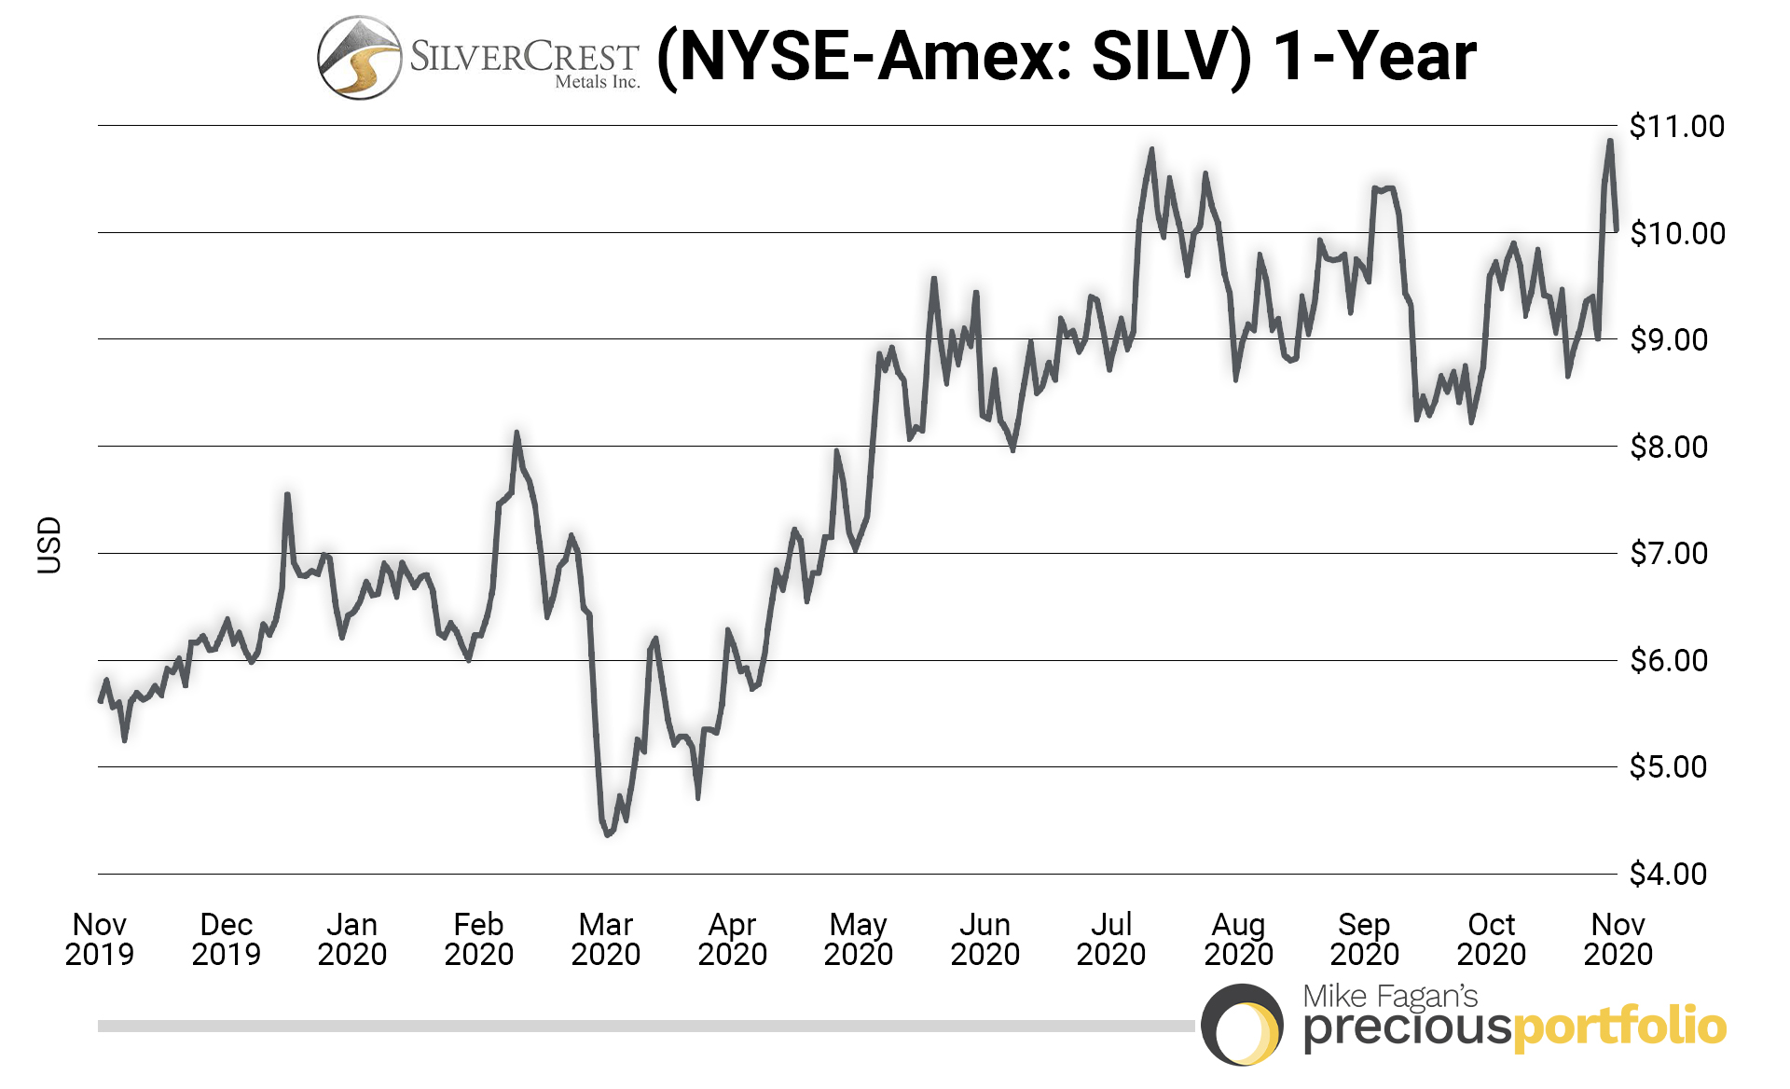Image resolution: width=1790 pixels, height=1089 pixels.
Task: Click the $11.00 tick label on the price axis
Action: pyautogui.click(x=1676, y=126)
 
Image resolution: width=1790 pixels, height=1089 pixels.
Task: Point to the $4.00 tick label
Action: pyautogui.click(x=1668, y=874)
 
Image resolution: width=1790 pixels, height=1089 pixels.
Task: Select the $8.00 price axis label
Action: pyautogui.click(x=1668, y=447)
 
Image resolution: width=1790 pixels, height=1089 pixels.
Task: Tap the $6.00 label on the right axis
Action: pyautogui.click(x=1668, y=660)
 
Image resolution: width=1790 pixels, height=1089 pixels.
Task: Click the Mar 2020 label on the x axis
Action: pyautogui.click(x=605, y=939)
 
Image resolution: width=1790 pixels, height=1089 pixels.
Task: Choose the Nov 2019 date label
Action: pyautogui.click(x=99, y=939)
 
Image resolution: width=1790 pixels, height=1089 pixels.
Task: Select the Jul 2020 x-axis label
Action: pyautogui.click(x=1110, y=939)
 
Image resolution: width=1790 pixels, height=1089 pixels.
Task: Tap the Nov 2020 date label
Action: pyautogui.click(x=1618, y=939)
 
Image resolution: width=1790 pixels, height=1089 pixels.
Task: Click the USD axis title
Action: pyautogui.click(x=48, y=545)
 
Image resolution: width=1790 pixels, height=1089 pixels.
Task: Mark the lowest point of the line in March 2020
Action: pyautogui.click(x=607, y=834)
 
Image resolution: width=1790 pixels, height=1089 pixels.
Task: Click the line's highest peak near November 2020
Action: pyautogui.click(x=1610, y=141)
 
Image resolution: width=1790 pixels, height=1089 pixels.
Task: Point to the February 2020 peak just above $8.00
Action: pyautogui.click(x=516, y=433)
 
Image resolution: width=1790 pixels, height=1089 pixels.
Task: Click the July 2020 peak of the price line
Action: pyautogui.click(x=1151, y=149)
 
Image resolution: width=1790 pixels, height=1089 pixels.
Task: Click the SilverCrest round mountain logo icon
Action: pyautogui.click(x=359, y=58)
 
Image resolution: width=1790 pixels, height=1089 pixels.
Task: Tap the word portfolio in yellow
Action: pyautogui.click(x=1619, y=1027)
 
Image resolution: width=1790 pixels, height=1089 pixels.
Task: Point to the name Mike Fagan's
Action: pyautogui.click(x=1390, y=996)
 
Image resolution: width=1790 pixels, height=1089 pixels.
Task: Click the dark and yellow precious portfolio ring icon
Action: pyautogui.click(x=1242, y=1025)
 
